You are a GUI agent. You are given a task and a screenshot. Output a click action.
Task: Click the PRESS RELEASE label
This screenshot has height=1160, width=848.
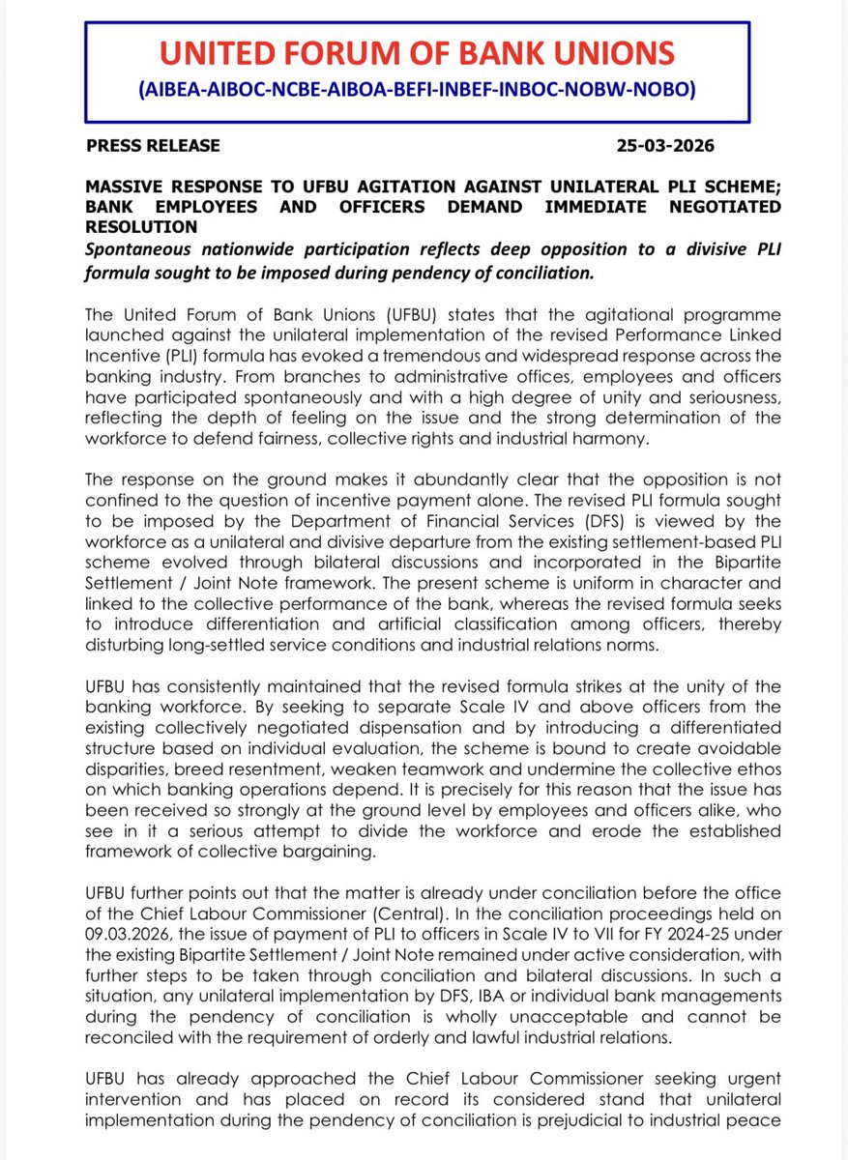(x=153, y=146)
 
